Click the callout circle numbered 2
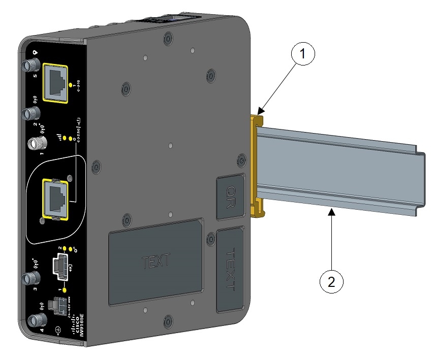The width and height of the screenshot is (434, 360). (331, 281)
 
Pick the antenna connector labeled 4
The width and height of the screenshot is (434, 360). (36, 320)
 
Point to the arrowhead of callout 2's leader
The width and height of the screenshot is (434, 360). (331, 213)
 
